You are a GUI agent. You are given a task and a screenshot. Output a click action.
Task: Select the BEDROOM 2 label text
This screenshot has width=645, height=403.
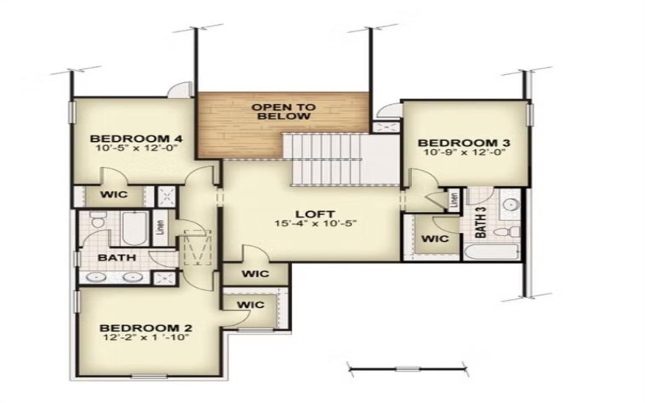[x=145, y=328]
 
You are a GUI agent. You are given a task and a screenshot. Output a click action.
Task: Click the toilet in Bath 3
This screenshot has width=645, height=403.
[x=505, y=232]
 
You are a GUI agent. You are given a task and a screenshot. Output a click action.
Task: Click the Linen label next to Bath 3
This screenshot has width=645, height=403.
[x=456, y=200]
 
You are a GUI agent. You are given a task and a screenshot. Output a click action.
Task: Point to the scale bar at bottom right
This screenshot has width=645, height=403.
[x=408, y=370]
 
